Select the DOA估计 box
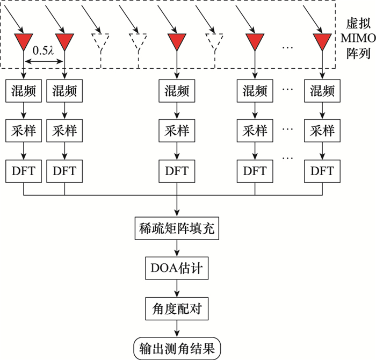pos(176,268)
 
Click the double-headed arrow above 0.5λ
pos(44,62)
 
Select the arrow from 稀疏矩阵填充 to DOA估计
pos(177,249)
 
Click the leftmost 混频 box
pos(23,91)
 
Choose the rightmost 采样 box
pos(322,130)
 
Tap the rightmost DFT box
pos(322,171)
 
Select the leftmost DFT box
pos(23,171)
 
